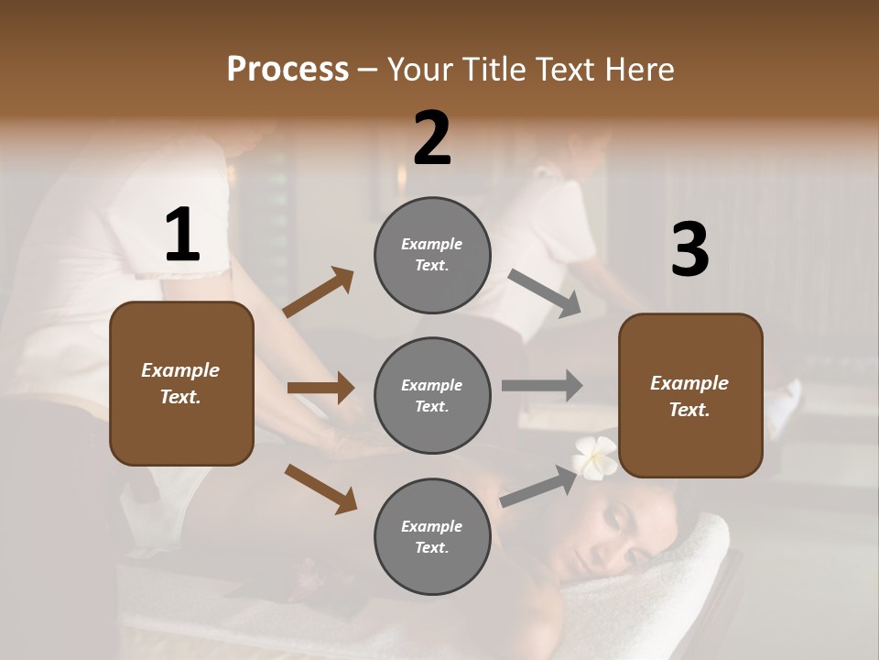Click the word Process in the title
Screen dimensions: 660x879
tap(288, 70)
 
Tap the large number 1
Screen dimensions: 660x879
tap(182, 236)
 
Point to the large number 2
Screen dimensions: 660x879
tap(432, 138)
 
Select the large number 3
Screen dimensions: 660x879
tap(689, 250)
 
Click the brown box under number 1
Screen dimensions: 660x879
tap(181, 383)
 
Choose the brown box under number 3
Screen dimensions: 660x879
tap(690, 395)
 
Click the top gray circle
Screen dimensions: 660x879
tap(432, 255)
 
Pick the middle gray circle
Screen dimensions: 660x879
tap(432, 395)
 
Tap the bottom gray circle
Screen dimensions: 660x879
tap(432, 536)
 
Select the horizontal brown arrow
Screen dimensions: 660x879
tap(320, 388)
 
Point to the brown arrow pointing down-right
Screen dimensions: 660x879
tap(320, 489)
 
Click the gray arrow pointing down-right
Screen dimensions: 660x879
tap(544, 293)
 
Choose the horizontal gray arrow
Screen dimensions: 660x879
tap(542, 385)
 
